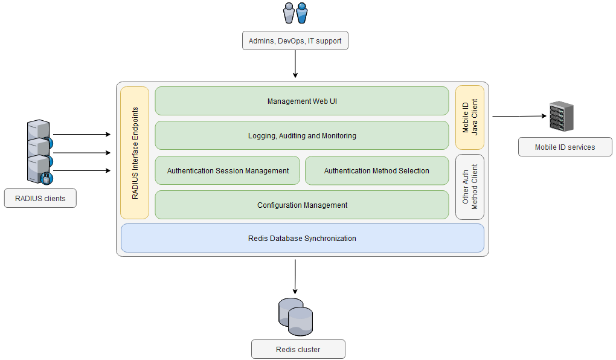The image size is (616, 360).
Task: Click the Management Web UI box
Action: (302, 101)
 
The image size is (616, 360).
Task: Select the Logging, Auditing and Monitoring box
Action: (302, 135)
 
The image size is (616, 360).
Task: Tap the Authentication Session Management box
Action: (228, 170)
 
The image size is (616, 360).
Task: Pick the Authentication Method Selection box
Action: (376, 170)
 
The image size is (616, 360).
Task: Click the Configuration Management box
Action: (302, 205)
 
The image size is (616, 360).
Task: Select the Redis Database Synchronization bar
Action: (302, 238)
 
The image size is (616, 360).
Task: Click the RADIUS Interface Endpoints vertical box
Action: (135, 153)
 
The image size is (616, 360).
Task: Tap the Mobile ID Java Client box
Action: (469, 118)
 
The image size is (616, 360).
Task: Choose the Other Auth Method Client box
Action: (469, 187)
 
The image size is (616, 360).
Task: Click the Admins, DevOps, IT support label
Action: (295, 40)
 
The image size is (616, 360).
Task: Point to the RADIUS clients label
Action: (40, 198)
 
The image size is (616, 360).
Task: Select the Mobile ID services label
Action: (565, 147)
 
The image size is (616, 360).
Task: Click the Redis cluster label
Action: (298, 349)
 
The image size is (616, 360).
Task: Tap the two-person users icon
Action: (295, 13)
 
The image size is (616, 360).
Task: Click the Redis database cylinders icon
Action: (295, 317)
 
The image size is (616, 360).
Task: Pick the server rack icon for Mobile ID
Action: (561, 117)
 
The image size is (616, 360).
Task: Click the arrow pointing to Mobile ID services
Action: (519, 116)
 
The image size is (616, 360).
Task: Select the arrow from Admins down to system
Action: (295, 63)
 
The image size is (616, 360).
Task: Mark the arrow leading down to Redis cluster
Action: (295, 275)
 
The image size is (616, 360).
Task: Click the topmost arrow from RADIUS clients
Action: (82, 135)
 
